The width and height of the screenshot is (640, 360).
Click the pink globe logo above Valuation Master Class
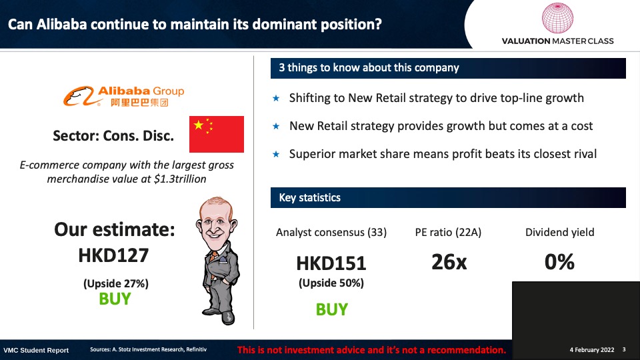point(557,18)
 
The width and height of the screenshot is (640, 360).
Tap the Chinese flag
point(217,134)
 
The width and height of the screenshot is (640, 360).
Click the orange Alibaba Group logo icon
point(79,96)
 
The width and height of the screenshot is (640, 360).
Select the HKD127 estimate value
point(113,255)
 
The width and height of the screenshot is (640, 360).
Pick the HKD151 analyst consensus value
point(331,263)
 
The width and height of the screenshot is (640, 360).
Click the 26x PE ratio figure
point(449,261)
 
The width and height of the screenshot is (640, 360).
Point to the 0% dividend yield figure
point(559,261)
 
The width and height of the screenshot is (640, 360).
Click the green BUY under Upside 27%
point(115,299)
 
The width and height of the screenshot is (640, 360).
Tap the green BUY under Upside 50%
point(332,309)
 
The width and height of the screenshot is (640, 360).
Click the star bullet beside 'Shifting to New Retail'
point(276,98)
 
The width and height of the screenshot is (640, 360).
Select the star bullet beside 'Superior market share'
point(276,154)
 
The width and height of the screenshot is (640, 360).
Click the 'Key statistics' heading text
point(309,197)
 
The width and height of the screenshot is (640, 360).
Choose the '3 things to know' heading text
point(369,68)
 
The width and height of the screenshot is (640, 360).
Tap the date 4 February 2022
point(592,350)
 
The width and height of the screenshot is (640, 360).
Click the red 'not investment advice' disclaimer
point(371,350)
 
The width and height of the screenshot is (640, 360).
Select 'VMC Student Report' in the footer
point(36,350)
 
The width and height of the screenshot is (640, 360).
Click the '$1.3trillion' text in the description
point(180,179)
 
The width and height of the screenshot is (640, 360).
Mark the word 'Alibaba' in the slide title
point(61,25)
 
